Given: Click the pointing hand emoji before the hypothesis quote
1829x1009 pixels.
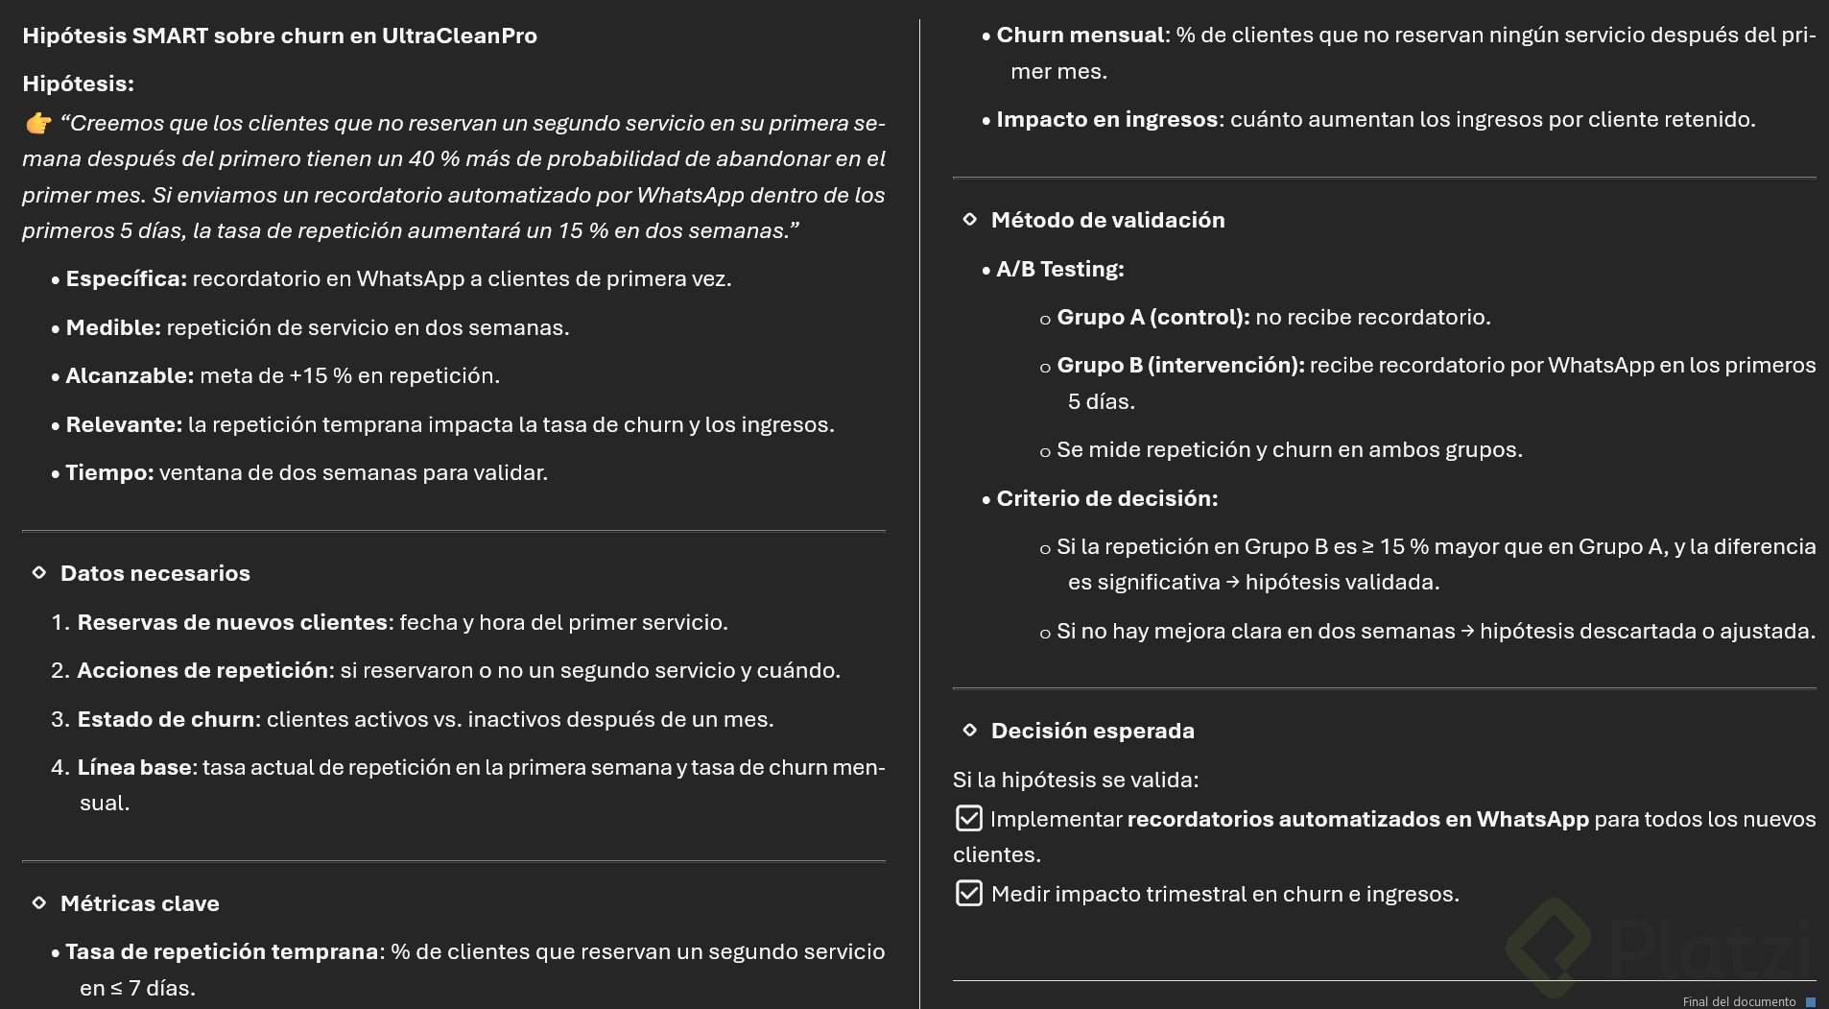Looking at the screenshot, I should point(38,124).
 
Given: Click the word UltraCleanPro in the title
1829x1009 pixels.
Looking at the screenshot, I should point(459,36).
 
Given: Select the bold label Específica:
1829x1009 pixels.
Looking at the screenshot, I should point(126,279).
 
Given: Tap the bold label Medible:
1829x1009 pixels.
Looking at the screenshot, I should point(112,328).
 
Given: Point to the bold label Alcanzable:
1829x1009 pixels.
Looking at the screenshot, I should point(130,376).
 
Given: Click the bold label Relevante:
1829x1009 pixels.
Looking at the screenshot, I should point(124,425).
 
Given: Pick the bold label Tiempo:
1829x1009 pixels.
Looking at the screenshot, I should point(109,473).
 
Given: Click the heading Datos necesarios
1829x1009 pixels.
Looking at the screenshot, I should point(154,574).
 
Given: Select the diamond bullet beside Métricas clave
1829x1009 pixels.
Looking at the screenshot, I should point(39,903).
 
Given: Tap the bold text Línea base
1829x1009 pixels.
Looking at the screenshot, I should point(133,768).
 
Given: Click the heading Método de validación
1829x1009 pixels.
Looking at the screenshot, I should point(1107,221).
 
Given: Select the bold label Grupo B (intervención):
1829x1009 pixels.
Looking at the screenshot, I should point(1180,366).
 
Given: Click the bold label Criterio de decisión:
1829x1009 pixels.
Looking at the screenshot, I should point(1106,499).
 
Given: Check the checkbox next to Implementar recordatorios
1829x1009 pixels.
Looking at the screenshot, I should point(969,819).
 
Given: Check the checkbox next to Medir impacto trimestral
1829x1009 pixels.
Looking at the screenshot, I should point(969,894).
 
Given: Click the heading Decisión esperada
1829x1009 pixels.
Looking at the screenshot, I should point(1092,732).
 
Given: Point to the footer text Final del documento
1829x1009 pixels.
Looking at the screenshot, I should point(1739,1001).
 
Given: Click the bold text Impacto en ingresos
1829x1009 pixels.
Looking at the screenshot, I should point(1106,120).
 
